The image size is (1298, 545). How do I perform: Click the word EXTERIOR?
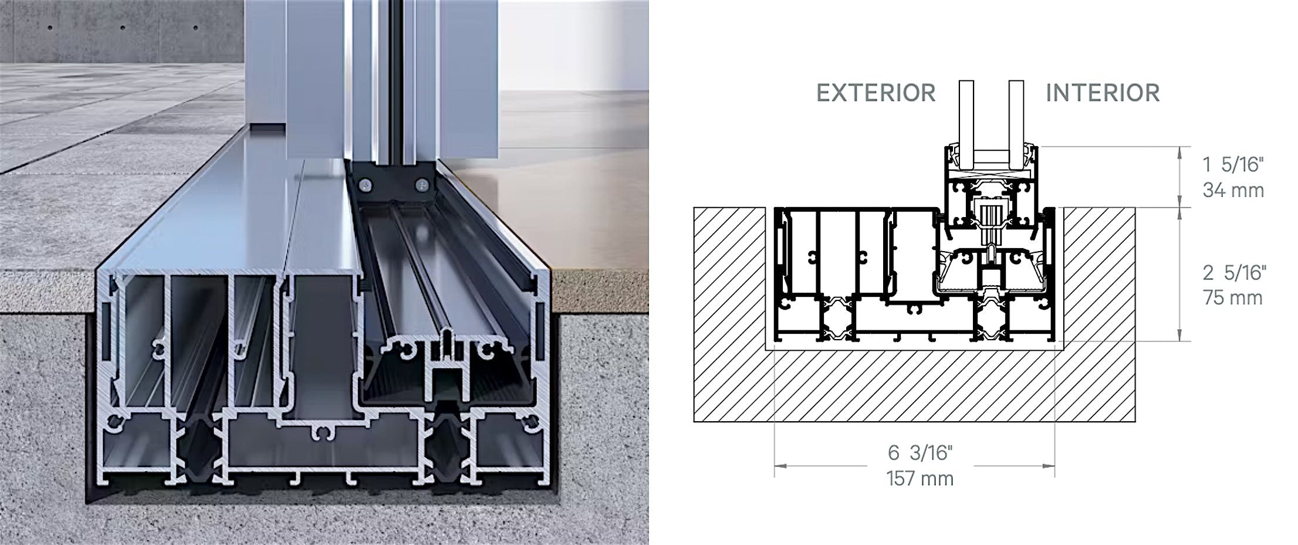click(x=876, y=93)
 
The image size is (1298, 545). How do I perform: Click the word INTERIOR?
click(x=1103, y=93)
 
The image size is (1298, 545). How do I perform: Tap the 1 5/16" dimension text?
click(x=1232, y=165)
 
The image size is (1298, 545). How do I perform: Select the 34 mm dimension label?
click(x=1233, y=190)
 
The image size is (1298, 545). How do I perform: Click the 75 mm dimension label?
click(x=1232, y=297)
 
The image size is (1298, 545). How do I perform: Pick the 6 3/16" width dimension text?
click(x=920, y=452)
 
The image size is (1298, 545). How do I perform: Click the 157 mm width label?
click(x=920, y=479)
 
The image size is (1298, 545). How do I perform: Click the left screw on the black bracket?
click(x=366, y=186)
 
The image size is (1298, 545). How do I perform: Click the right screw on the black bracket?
click(x=421, y=186)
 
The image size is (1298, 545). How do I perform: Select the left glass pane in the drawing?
click(x=966, y=117)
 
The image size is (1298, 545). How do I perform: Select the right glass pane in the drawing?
click(x=1017, y=117)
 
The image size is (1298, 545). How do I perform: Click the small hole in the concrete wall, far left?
click(x=50, y=28)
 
